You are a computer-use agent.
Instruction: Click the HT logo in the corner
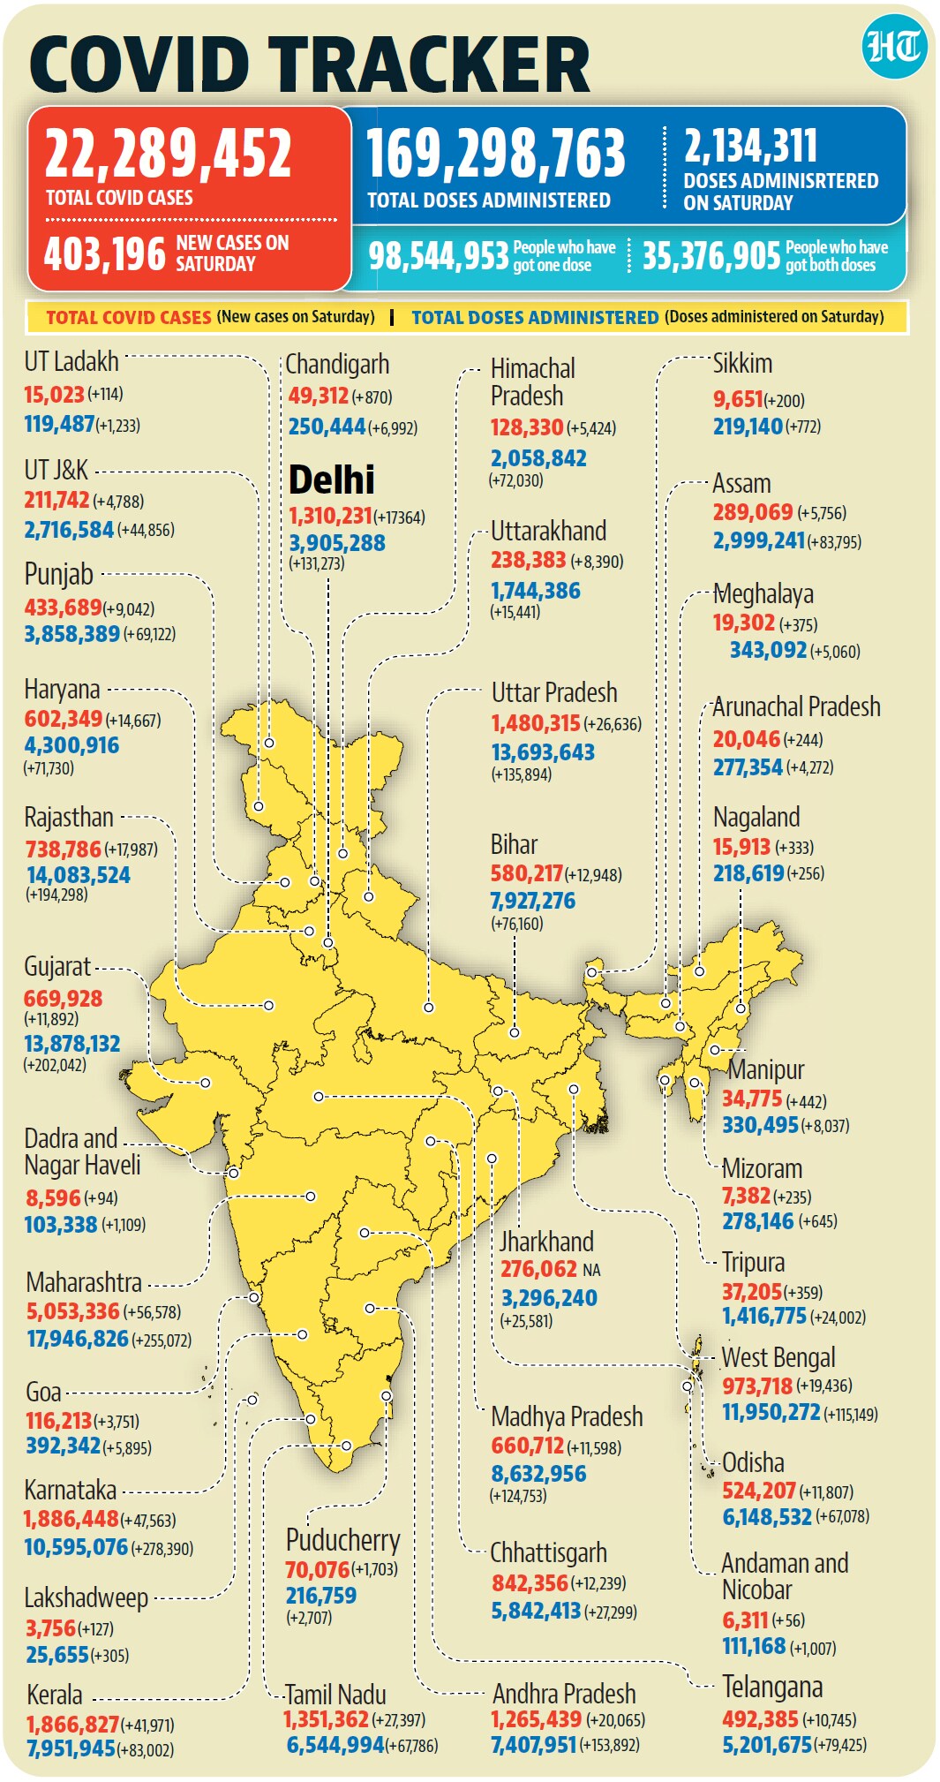click(894, 46)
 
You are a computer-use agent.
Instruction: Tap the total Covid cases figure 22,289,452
click(168, 153)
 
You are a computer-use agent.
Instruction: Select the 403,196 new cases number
click(105, 254)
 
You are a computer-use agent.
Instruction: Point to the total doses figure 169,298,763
click(496, 153)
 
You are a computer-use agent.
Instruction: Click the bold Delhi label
click(331, 479)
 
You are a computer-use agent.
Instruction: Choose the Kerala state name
click(55, 1695)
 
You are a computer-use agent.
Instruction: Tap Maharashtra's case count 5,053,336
click(72, 1311)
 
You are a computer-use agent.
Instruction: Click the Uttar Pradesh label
click(554, 693)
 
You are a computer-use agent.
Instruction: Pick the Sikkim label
click(742, 364)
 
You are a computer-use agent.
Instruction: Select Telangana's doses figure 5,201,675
click(766, 1745)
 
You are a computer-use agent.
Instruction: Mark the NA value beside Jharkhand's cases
click(591, 1270)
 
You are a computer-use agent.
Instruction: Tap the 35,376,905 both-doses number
click(711, 256)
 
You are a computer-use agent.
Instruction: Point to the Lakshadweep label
click(86, 1598)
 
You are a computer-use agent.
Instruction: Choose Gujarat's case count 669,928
click(64, 999)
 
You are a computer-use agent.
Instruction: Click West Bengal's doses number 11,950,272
click(771, 1412)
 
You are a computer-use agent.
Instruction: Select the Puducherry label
click(342, 1540)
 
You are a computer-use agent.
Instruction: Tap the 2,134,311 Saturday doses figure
click(750, 146)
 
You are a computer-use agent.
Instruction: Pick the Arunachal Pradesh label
click(796, 707)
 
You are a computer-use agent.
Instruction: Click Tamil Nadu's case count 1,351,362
click(326, 1719)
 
